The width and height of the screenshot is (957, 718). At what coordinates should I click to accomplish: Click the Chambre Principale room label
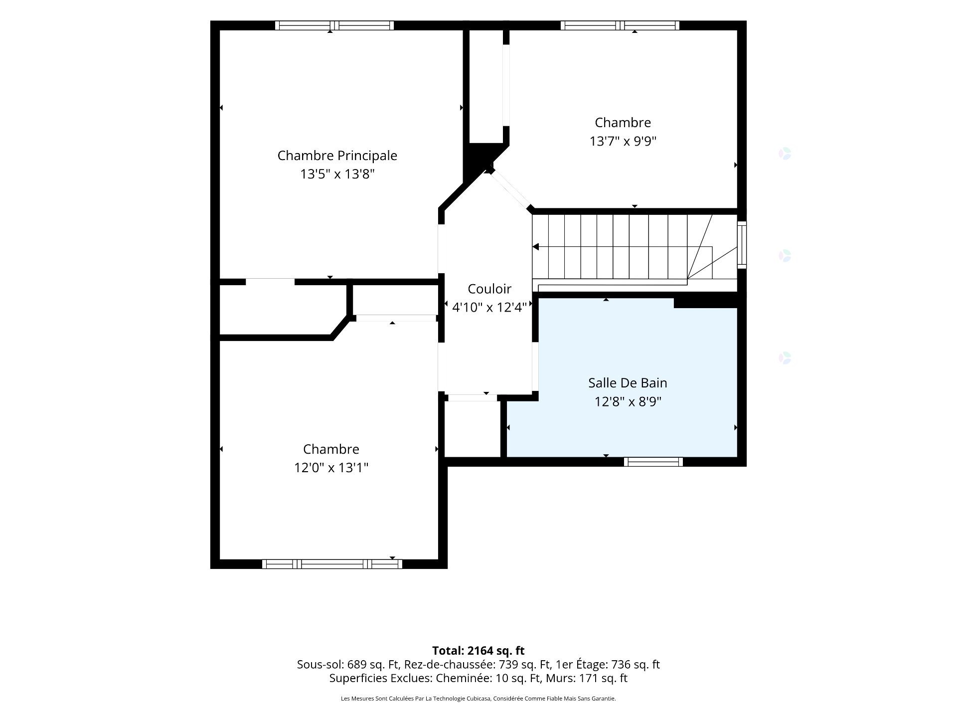point(337,156)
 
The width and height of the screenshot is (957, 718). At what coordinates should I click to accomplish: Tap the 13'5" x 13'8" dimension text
point(337,174)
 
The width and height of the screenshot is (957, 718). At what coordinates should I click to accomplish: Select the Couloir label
point(489,289)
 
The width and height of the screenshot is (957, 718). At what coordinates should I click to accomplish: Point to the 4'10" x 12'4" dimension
point(489,307)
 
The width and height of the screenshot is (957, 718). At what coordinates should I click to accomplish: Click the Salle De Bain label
point(628,383)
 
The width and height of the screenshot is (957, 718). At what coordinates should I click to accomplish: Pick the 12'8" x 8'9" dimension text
point(628,401)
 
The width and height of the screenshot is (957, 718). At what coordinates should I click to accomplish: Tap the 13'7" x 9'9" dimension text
point(623,141)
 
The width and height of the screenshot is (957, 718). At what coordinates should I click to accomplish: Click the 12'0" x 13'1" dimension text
point(331,468)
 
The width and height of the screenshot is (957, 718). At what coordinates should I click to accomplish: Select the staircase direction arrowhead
point(536,247)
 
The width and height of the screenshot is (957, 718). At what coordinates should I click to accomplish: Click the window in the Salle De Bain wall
point(653,462)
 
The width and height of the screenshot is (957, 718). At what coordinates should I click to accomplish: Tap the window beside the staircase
point(742,244)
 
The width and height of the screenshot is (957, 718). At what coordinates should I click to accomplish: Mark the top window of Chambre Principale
point(334,25)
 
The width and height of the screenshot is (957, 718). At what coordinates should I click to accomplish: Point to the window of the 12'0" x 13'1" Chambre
point(332,564)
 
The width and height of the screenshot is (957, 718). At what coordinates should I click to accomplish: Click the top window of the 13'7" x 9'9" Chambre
point(620,25)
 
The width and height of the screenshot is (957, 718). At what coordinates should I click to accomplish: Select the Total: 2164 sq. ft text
point(478,651)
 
